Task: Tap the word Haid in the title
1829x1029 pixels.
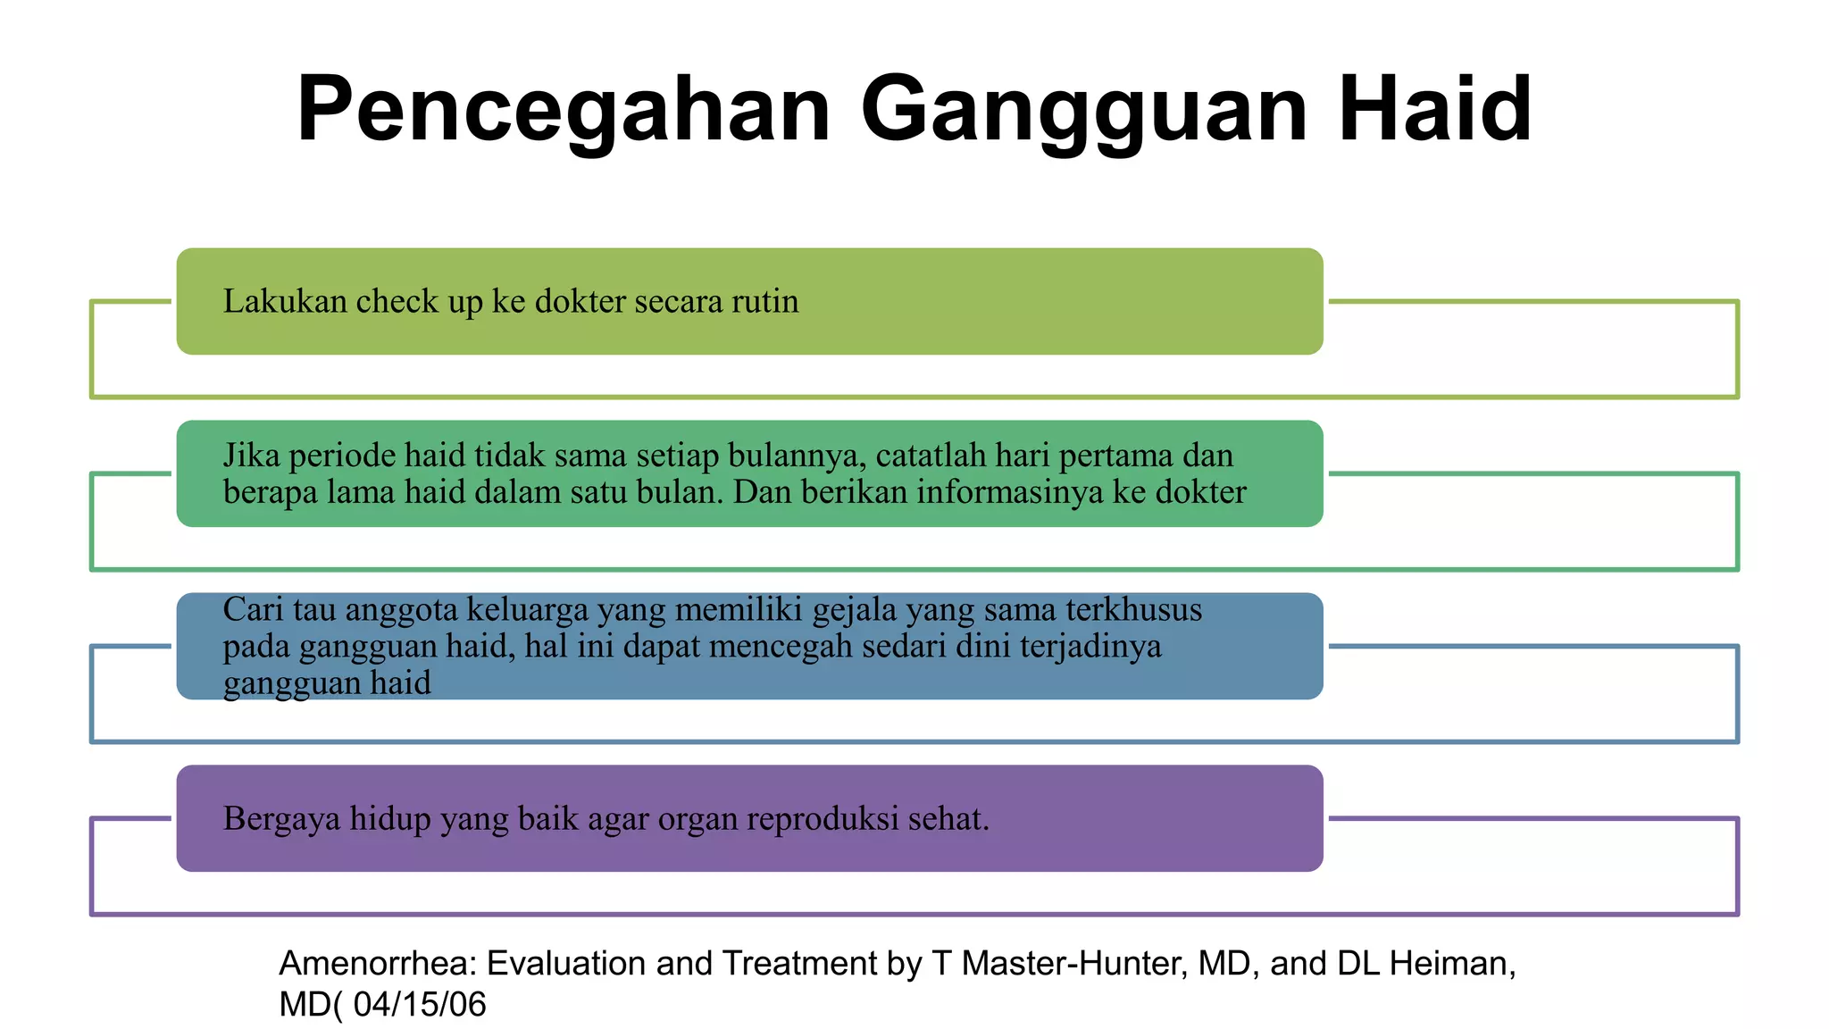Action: pyautogui.click(x=1435, y=110)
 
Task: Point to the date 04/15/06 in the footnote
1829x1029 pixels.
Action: pyautogui.click(x=420, y=1005)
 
